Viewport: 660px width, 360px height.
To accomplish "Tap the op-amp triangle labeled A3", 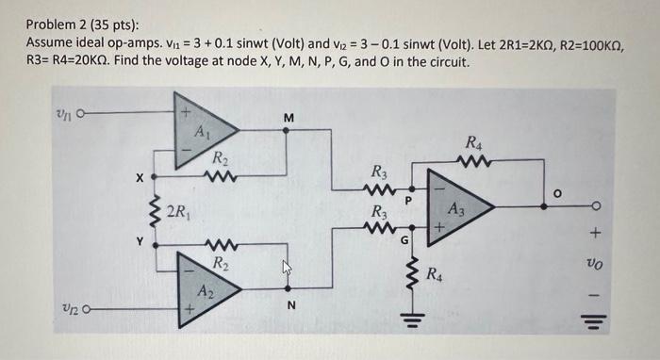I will (x=456, y=210).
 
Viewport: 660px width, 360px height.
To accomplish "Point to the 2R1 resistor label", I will (x=180, y=210).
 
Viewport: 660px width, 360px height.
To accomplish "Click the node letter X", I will (x=139, y=175).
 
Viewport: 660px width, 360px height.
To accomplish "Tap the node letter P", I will (x=408, y=201).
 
